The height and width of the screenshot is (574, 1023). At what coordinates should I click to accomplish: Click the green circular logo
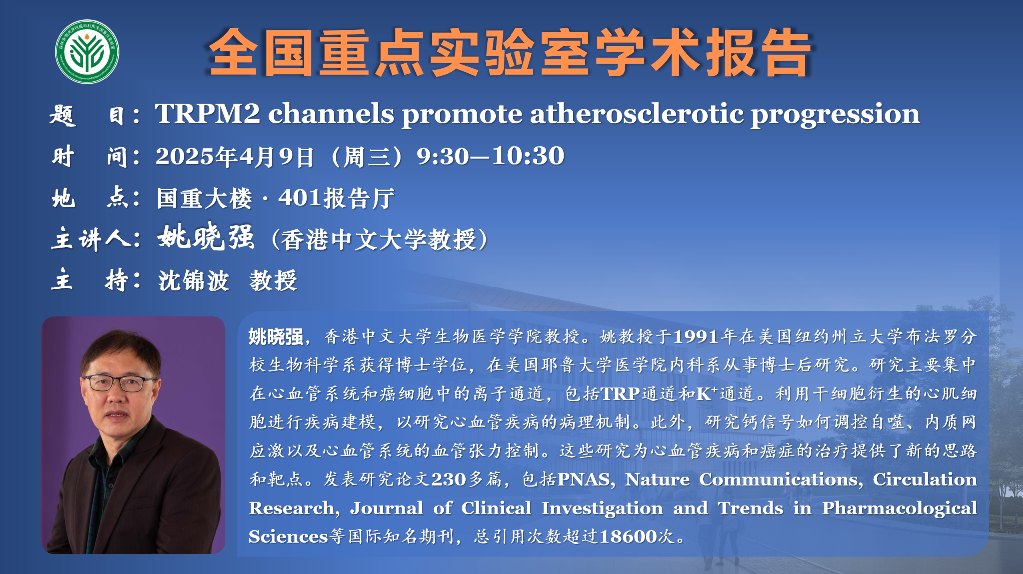pyautogui.click(x=87, y=52)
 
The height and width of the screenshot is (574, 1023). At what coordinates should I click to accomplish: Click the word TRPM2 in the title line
pyautogui.click(x=208, y=114)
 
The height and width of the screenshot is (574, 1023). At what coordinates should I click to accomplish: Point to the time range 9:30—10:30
pyautogui.click(x=491, y=156)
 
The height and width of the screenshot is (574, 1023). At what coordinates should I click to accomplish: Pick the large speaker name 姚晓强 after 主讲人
pyautogui.click(x=206, y=237)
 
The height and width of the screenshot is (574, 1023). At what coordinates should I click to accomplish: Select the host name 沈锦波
pyautogui.click(x=193, y=281)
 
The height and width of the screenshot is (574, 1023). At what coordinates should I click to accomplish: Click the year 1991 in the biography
pyautogui.click(x=696, y=337)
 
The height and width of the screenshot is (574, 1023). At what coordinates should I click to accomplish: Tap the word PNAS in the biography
pyautogui.click(x=583, y=480)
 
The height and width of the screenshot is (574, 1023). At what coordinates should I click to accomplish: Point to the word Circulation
pyautogui.click(x=924, y=479)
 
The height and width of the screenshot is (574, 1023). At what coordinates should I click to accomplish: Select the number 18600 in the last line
pyautogui.click(x=628, y=537)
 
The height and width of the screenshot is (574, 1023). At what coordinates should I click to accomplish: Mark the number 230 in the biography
pyautogui.click(x=448, y=480)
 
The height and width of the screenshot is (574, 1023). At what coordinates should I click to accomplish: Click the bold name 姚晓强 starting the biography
pyautogui.click(x=276, y=337)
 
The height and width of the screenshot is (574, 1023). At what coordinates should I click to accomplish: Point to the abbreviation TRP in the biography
pyautogui.click(x=620, y=394)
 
